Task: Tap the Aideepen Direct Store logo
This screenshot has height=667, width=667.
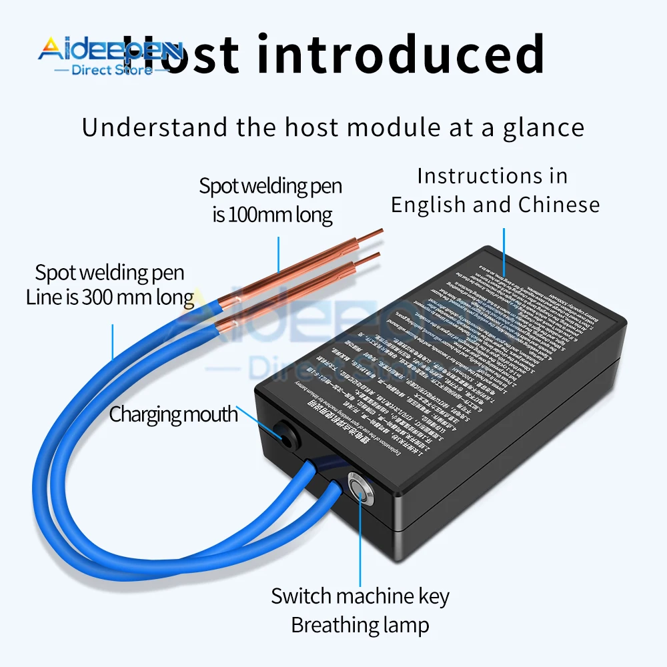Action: [x=107, y=57]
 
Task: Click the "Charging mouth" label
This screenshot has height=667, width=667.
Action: [x=173, y=414]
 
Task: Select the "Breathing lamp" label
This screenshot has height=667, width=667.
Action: [x=360, y=625]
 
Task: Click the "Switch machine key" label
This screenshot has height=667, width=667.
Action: [x=360, y=596]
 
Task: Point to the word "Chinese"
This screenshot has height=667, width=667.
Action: [x=558, y=205]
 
